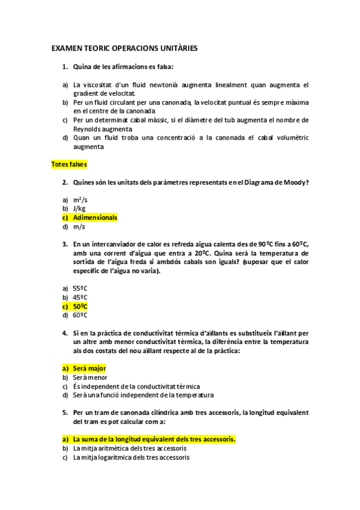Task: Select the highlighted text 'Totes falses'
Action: pyautogui.click(x=69, y=164)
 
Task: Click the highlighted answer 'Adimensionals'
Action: pyautogui.click(x=95, y=217)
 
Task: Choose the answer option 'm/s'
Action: pyautogui.click(x=79, y=227)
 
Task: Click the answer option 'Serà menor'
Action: pyautogui.click(x=90, y=377)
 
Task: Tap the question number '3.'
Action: pyautogui.click(x=64, y=244)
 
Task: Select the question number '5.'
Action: pyautogui.click(x=64, y=413)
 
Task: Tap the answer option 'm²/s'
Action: pyautogui.click(x=80, y=199)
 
